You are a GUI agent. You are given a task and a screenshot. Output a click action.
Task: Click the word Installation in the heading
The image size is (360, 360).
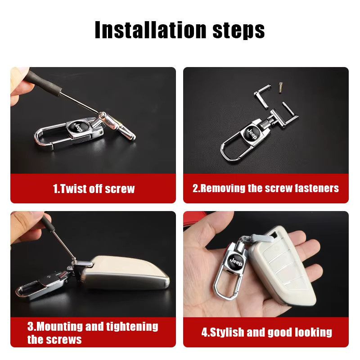click(151, 30)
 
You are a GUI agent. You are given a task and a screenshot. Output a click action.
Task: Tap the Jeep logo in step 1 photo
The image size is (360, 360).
click(78, 127)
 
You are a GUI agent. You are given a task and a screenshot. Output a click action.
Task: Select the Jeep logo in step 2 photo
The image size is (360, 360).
click(252, 134)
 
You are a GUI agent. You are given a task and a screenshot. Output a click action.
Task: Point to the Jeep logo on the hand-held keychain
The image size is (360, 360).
click(236, 261)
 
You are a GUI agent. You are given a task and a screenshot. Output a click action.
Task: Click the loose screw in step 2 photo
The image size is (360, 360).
click(280, 87)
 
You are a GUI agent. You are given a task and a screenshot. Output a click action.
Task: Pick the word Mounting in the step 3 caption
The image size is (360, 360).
click(59, 326)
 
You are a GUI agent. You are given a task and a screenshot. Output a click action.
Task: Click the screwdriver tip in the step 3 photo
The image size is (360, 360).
click(74, 259)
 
